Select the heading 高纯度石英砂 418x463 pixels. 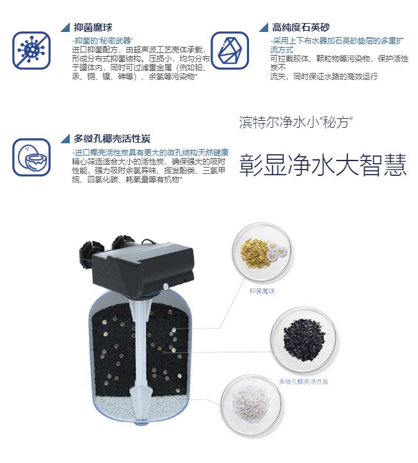click(300, 27)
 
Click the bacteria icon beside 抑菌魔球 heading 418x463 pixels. click(31, 50)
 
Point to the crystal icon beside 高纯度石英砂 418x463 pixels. click(229, 50)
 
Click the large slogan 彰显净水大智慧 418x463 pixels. click(323, 166)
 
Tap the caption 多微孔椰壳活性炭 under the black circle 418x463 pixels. click(303, 381)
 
